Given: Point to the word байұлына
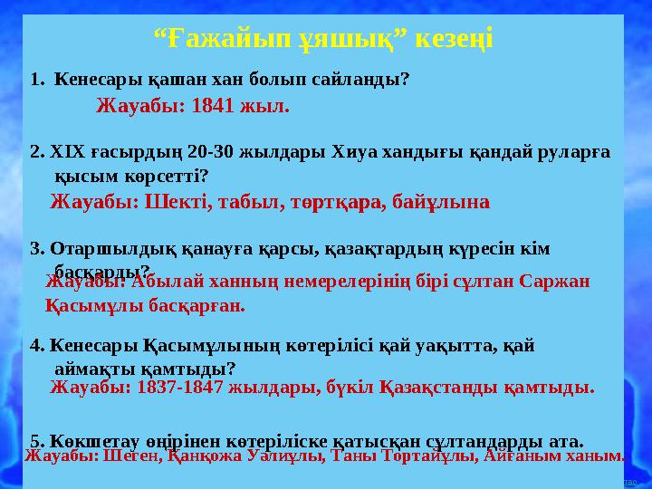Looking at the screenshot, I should point(443,201).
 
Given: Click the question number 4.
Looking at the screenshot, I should point(36,345).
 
